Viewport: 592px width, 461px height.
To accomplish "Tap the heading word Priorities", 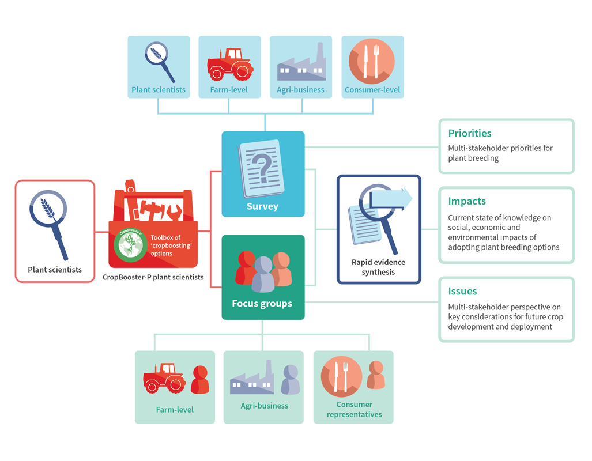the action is point(470,133).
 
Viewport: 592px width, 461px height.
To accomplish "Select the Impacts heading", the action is point(467,201).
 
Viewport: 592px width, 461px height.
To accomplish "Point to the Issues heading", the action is point(462,291).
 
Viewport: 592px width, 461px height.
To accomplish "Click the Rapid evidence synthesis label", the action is point(378,267).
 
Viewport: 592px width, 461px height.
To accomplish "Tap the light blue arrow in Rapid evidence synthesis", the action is point(391,198).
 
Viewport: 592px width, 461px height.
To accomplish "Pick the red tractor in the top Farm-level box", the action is point(230,64).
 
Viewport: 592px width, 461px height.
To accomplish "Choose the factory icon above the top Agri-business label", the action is point(301,63).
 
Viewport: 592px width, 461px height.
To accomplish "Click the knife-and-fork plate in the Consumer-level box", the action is point(371,61).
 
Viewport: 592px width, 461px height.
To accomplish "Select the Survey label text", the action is point(262,206).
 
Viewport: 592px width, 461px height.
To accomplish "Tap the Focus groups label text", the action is point(262,304).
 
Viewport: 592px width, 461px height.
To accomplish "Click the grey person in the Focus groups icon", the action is point(263,274).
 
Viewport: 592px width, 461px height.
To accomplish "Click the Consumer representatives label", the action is point(354,409).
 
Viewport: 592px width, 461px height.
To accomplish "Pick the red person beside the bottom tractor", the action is point(199,379).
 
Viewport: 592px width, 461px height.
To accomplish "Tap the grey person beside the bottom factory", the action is point(291,379).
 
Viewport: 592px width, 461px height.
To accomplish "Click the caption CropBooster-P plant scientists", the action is point(153,277).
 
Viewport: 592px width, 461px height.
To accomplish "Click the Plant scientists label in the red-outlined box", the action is point(55,270).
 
